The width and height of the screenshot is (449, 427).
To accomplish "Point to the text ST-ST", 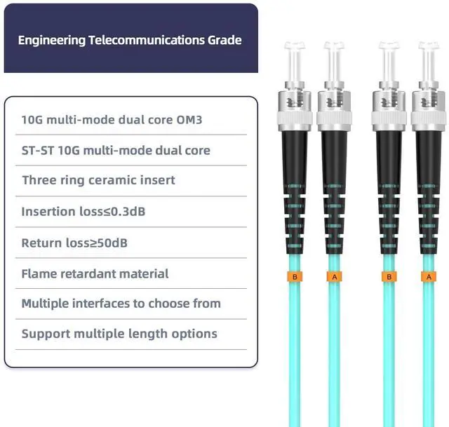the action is (x=37, y=150).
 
